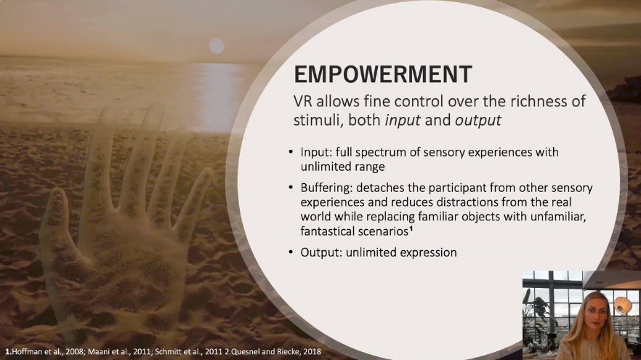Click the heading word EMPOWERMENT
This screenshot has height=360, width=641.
383,74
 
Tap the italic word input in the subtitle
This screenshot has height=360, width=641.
403,121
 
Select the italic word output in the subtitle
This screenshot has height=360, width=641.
478,121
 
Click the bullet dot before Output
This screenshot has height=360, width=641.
291,252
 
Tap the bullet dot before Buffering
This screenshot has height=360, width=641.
291,188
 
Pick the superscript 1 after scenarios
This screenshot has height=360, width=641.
411,228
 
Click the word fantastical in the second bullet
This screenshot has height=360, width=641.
328,231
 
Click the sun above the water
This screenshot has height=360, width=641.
217,47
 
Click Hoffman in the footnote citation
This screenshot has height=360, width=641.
24,351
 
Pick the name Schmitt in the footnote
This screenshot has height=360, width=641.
167,351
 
